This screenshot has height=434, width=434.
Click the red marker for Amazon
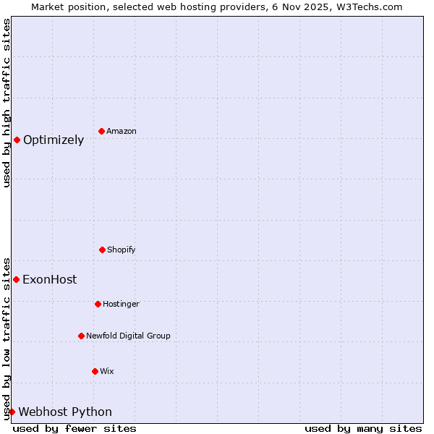[101, 131]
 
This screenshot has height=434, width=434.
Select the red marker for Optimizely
[17, 140]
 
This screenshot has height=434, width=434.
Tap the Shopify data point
[102, 250]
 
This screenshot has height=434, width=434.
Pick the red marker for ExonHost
[16, 279]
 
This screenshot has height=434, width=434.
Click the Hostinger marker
[98, 304]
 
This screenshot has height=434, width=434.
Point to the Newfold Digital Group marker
[81, 336]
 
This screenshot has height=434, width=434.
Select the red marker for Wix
[95, 371]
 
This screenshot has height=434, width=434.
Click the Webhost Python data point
[12, 412]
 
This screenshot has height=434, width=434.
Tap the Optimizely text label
[54, 140]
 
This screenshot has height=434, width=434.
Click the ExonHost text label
[49, 280]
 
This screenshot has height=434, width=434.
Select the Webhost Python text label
[65, 412]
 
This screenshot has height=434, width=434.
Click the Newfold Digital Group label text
[128, 336]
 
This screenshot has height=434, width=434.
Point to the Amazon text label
[122, 132]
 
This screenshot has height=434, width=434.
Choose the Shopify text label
[121, 250]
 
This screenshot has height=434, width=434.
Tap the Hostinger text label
[121, 305]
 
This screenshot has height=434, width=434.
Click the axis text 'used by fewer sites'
[75, 428]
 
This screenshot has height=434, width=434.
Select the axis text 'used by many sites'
[363, 428]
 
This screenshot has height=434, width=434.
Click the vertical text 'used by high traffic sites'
[7, 103]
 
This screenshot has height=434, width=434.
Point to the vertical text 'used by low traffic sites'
[7, 339]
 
